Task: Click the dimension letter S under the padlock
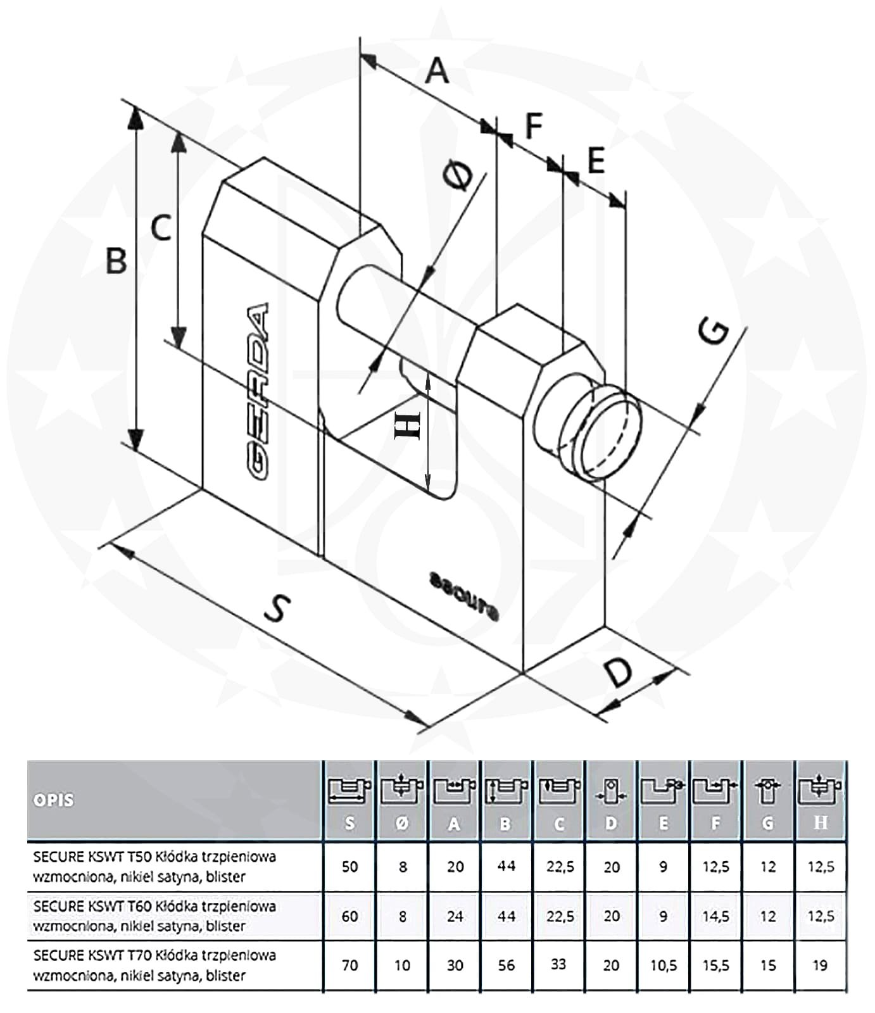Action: coord(277,608)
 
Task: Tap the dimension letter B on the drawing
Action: coord(116,260)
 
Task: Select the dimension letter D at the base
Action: coord(617,672)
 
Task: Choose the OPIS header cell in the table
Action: coord(54,800)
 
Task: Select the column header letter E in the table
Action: coord(664,823)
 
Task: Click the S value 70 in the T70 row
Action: coord(349,966)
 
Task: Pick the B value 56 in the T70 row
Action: coord(506,966)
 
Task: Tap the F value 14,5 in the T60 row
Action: coord(715,916)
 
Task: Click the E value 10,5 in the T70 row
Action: coord(664,966)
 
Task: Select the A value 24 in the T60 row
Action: coord(455,916)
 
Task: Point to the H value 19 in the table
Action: coord(820,966)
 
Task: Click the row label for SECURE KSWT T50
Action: coord(154,866)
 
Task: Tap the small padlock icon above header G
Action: coord(767,791)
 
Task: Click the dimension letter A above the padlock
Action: coord(436,70)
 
